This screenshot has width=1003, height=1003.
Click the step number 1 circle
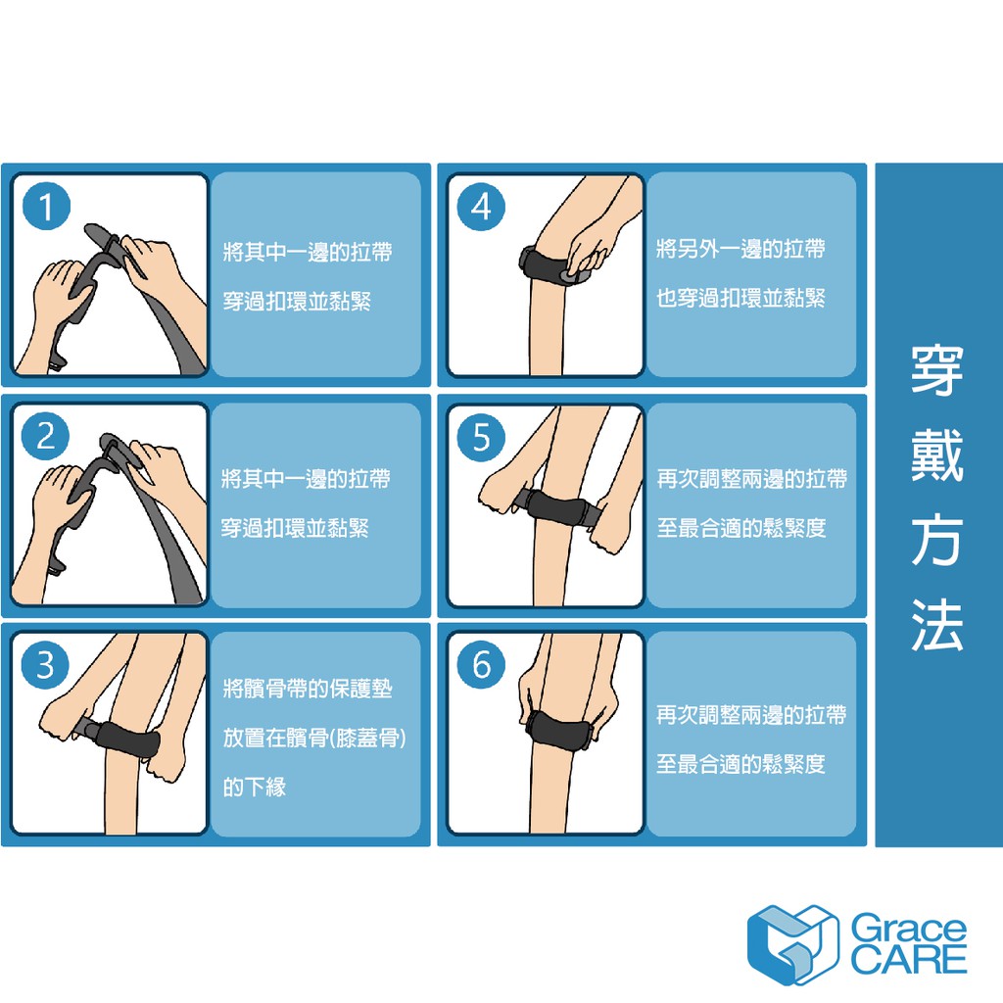click(46, 206)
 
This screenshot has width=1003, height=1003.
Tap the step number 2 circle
click(45, 436)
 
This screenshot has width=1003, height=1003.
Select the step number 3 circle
click(45, 665)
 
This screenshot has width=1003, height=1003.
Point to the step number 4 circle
click(481, 206)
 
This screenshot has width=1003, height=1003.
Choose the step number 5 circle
click(481, 437)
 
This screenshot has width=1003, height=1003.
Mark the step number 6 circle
click(481, 665)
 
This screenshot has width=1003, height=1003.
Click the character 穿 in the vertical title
click(937, 370)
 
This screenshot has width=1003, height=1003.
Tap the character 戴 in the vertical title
click(937, 454)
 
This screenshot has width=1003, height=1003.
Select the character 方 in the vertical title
click(937, 540)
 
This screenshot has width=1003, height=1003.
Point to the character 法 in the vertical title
click(937, 625)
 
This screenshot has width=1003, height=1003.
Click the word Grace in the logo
click(908, 929)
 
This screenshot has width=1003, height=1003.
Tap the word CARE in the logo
click(908, 960)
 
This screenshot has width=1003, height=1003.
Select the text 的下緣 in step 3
click(255, 787)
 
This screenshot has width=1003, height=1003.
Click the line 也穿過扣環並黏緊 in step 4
click(740, 298)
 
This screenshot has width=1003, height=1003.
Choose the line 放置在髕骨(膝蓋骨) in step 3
click(314, 739)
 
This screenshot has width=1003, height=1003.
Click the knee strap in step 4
click(555, 265)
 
